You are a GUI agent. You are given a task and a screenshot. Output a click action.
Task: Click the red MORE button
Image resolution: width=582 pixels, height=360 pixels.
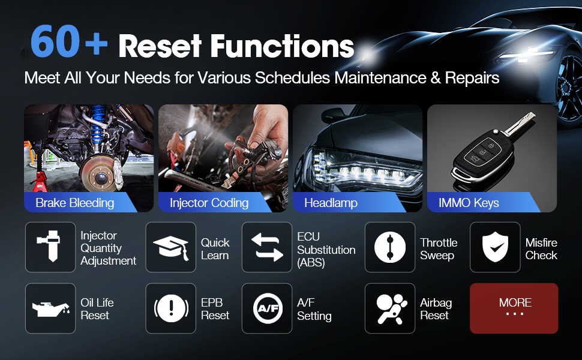(514, 308)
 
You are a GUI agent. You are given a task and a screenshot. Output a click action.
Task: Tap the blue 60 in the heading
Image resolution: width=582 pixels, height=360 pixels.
(55, 41)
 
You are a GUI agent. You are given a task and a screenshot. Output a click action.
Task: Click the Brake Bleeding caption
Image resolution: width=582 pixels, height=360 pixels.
(74, 203)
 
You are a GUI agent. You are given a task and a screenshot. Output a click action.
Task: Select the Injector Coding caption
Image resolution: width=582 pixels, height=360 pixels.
(209, 203)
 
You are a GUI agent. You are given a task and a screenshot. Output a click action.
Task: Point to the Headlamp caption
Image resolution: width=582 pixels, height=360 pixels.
(331, 203)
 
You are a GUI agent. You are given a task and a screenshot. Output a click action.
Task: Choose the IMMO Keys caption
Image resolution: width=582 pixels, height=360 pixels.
(469, 203)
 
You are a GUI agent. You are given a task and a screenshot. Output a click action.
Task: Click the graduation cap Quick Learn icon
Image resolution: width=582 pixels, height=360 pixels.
(171, 247)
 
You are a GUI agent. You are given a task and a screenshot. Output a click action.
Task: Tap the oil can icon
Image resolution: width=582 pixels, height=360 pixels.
(50, 308)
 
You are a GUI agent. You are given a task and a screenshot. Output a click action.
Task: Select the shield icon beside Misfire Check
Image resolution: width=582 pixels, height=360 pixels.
(495, 247)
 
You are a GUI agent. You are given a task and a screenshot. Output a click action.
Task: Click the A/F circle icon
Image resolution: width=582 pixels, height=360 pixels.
(267, 308)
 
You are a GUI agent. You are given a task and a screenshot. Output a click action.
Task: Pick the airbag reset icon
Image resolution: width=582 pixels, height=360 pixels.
(391, 308)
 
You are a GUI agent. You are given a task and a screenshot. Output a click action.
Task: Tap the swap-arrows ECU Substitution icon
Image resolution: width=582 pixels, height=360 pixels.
(267, 247)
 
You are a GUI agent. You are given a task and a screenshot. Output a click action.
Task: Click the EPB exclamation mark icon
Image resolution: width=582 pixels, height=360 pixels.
(171, 308)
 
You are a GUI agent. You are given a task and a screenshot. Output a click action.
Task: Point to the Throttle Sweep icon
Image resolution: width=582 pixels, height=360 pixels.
(390, 247)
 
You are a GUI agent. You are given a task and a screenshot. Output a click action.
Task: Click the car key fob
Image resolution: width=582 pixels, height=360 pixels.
(490, 151)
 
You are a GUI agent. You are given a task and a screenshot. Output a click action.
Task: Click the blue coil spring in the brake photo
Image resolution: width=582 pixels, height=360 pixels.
(98, 122)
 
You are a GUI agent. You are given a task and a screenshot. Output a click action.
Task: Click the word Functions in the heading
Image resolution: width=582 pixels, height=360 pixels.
(282, 46)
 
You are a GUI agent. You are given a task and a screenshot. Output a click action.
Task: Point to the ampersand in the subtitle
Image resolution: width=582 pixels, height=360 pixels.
(435, 78)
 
